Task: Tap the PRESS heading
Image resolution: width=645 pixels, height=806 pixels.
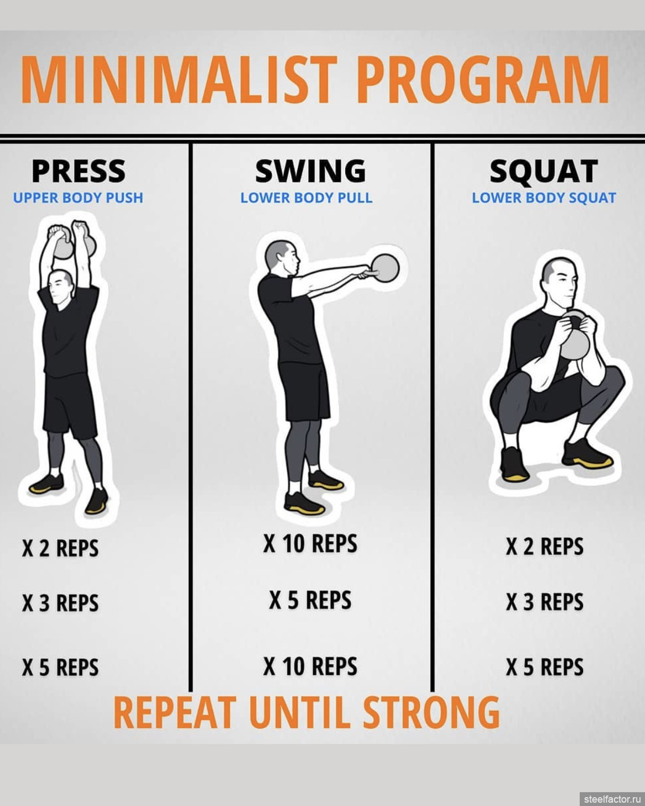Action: pos(79,171)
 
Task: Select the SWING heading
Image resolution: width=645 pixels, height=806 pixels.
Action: pos(310,171)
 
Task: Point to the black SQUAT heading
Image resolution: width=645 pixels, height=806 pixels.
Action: pos(544,171)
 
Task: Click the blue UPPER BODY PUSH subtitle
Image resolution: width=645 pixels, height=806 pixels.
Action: pos(79,197)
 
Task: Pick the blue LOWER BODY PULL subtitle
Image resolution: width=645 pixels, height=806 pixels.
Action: pos(306,197)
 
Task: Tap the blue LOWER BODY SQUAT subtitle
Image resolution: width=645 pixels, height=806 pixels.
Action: pos(544,197)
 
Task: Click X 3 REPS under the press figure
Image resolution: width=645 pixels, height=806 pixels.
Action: pos(60,603)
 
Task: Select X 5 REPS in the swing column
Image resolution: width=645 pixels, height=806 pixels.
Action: pos(310,600)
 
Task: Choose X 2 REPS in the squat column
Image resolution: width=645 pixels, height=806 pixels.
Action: pos(545,546)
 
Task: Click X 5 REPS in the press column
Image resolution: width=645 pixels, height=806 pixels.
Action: pos(60,667)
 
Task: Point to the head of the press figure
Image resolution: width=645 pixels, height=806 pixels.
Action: pos(60,288)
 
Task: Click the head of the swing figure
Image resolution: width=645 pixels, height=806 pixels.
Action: pos(283,258)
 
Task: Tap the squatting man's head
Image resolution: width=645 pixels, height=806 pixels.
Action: pos(560,281)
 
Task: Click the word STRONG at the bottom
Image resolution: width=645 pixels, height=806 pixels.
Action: pos(431,713)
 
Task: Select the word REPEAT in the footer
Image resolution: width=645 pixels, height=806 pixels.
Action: pos(175,713)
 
